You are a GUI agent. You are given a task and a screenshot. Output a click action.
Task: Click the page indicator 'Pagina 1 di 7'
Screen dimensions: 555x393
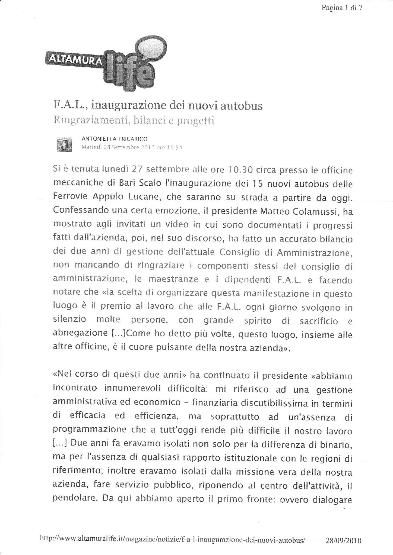(x=342, y=8)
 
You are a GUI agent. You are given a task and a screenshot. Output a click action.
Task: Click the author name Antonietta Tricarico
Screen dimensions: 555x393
(x=114, y=139)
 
